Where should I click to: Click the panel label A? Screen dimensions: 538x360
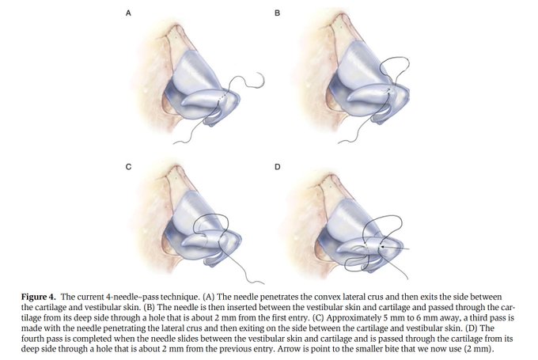tap(128, 14)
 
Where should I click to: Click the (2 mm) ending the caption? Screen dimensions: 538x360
tap(491, 347)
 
